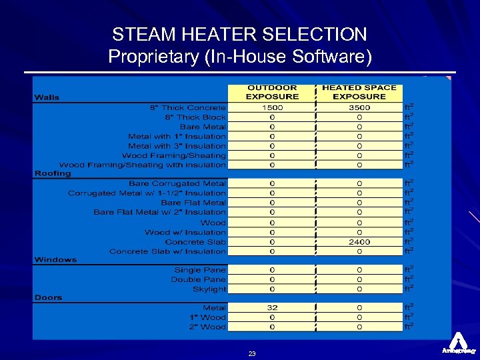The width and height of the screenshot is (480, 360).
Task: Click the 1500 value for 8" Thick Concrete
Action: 272,107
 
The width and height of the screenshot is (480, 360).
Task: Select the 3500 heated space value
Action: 359,107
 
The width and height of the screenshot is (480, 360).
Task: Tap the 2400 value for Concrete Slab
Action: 359,242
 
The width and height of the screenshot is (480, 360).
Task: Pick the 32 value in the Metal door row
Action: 272,307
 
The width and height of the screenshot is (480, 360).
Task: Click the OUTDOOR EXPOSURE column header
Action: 272,92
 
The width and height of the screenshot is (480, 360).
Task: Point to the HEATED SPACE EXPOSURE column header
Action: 359,92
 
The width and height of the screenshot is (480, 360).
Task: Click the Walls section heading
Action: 47,97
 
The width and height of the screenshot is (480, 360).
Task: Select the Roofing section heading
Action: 53,173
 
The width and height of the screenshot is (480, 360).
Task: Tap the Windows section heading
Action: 55,259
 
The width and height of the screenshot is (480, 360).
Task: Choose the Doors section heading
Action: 48,297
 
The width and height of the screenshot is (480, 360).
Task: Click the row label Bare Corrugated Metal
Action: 177,183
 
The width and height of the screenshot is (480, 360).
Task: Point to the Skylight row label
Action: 209,289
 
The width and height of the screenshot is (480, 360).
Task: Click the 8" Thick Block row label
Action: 195,117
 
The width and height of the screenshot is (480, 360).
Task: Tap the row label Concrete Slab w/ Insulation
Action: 167,251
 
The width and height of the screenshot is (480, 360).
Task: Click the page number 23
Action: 252,354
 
